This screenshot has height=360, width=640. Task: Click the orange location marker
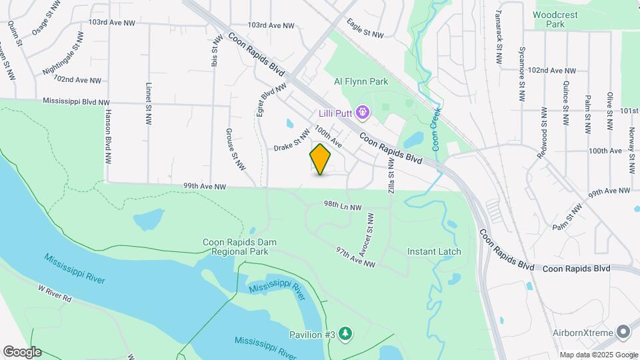pos(320,159)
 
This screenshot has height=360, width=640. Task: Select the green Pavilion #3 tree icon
pos(345,333)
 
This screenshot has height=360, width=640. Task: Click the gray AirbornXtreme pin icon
pos(623,331)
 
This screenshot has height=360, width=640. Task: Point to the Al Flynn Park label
pos(361,82)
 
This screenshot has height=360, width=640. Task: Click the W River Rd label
pos(55,294)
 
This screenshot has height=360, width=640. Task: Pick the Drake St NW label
pos(292,141)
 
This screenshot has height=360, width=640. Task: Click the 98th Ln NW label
pos(343,207)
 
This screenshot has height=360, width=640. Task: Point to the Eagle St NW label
pos(365,29)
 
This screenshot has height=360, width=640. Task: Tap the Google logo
pos(21,352)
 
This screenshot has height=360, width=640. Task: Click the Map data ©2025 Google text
pos(598,355)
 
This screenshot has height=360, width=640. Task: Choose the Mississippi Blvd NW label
pos(75,102)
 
